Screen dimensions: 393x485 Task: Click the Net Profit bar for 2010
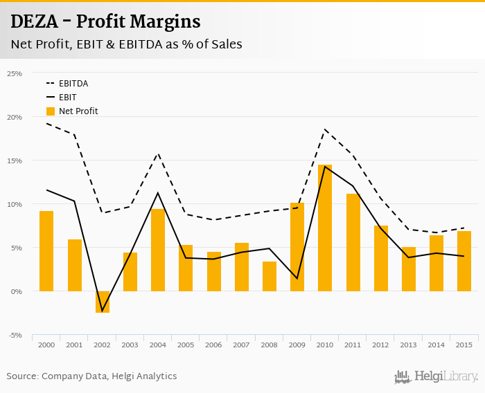tap(325, 228)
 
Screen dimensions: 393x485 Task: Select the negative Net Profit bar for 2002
tap(103, 302)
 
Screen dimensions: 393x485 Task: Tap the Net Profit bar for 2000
tap(46, 251)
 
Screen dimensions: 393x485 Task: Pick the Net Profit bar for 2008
tap(270, 277)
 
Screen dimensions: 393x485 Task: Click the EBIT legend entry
tap(68, 98)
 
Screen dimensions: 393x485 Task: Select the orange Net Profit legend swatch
tap(51, 111)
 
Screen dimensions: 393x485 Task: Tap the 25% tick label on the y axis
tap(15, 73)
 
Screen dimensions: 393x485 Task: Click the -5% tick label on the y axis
tap(15, 336)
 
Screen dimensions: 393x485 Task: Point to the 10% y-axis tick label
tap(15, 204)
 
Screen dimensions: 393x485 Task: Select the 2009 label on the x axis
tap(297, 345)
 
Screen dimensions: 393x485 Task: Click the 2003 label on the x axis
tap(130, 345)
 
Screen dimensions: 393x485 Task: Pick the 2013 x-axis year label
tap(409, 345)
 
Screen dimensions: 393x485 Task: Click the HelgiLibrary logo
tap(436, 376)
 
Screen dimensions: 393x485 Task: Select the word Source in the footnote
tap(22, 376)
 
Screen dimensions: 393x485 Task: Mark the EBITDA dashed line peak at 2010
tap(325, 129)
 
